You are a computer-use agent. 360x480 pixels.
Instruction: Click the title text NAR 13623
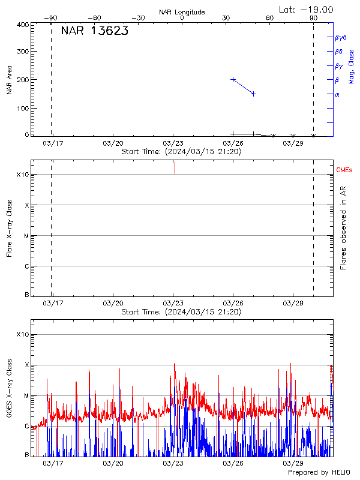point(94,32)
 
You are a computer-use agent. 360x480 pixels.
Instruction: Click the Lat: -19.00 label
point(307,9)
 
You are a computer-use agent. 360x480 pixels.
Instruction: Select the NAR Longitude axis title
point(182,12)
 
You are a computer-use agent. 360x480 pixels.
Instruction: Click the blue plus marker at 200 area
point(233,79)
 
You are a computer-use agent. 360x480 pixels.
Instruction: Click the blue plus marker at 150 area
point(254,94)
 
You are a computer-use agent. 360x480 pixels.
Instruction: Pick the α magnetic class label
point(337,94)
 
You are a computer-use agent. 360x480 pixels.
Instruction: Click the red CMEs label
point(344,170)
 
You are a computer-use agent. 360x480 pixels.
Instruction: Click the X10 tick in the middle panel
point(23,175)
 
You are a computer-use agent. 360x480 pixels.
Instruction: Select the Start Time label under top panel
point(182,152)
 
